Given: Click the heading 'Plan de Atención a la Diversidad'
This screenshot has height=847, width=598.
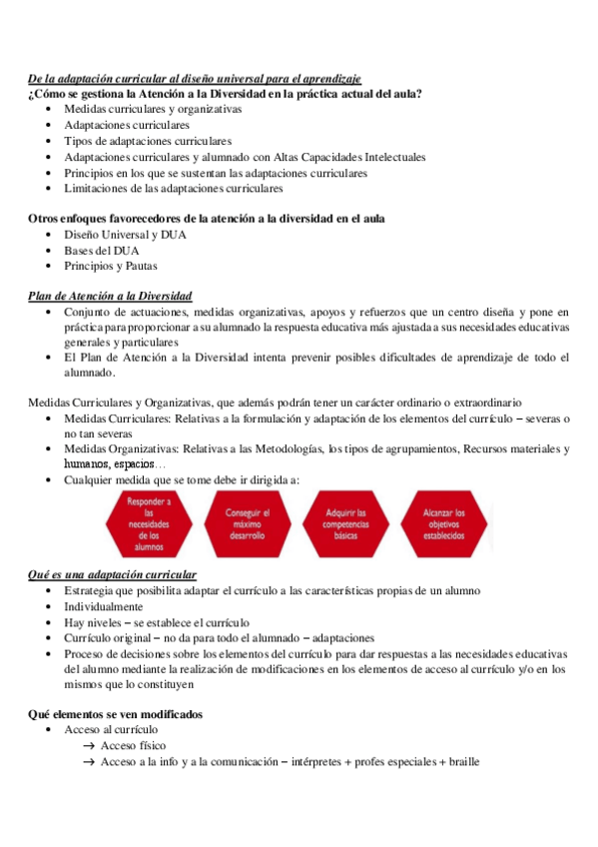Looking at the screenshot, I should click(x=110, y=297).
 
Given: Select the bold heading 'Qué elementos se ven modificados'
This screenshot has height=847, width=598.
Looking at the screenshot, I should click(x=115, y=714).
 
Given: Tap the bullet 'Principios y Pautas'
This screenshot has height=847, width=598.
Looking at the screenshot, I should click(x=110, y=267).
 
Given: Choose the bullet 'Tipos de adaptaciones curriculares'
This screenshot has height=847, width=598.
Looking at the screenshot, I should click(x=148, y=141).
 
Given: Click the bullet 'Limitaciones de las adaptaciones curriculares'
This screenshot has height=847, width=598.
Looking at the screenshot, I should click(x=174, y=188).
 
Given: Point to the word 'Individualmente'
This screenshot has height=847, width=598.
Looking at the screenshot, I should click(x=104, y=606).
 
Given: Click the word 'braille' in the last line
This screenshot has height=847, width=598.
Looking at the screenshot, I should click(x=463, y=762).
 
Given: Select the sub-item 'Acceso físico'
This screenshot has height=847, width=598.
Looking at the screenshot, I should click(x=134, y=746).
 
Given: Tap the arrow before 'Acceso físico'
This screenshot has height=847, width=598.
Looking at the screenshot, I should click(x=89, y=746).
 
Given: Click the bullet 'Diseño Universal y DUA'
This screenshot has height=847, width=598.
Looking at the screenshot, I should click(x=125, y=235).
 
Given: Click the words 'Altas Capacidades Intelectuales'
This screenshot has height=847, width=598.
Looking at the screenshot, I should click(x=346, y=157).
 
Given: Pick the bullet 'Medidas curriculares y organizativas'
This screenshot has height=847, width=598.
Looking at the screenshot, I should click(x=153, y=109).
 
